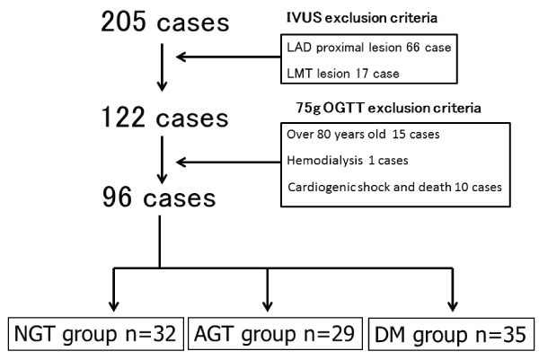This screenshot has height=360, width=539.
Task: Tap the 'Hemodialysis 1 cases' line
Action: pos(346,163)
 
